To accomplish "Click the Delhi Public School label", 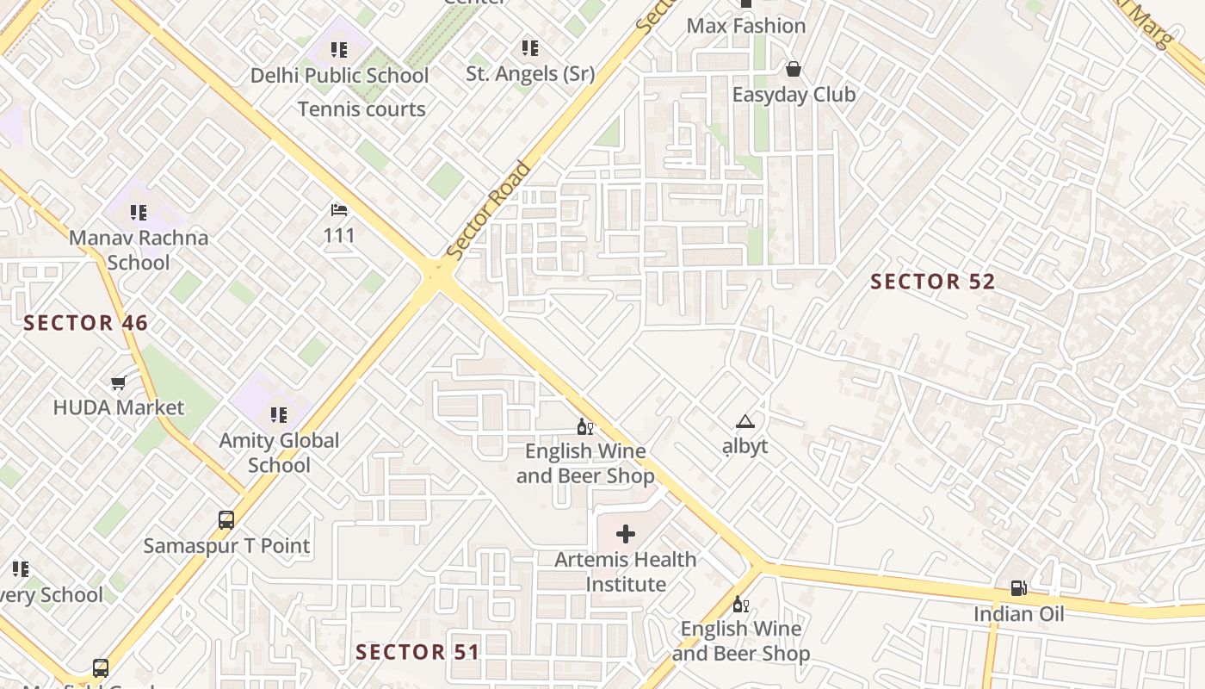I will click(339, 76).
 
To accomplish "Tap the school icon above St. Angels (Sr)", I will click(530, 48).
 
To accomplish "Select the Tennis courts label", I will click(361, 109).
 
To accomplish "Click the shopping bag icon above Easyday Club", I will click(793, 69).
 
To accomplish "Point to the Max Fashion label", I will click(746, 26).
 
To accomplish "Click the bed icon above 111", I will click(339, 210).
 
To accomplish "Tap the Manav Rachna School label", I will click(139, 250).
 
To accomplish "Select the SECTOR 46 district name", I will click(85, 324).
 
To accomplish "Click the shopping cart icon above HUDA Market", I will click(119, 382).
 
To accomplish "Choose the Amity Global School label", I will click(279, 452).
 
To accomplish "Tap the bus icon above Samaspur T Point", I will click(226, 520).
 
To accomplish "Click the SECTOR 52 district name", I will click(932, 282).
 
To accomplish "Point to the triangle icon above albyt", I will click(745, 422).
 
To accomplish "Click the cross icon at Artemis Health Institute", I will click(626, 534).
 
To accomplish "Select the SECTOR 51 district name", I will click(417, 652).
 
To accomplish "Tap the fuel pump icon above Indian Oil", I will click(1018, 589).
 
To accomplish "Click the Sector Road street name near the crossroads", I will click(488, 211).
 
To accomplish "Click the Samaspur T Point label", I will click(226, 546).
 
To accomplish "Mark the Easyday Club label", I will click(794, 95).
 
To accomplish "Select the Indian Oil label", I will click(1018, 614).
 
